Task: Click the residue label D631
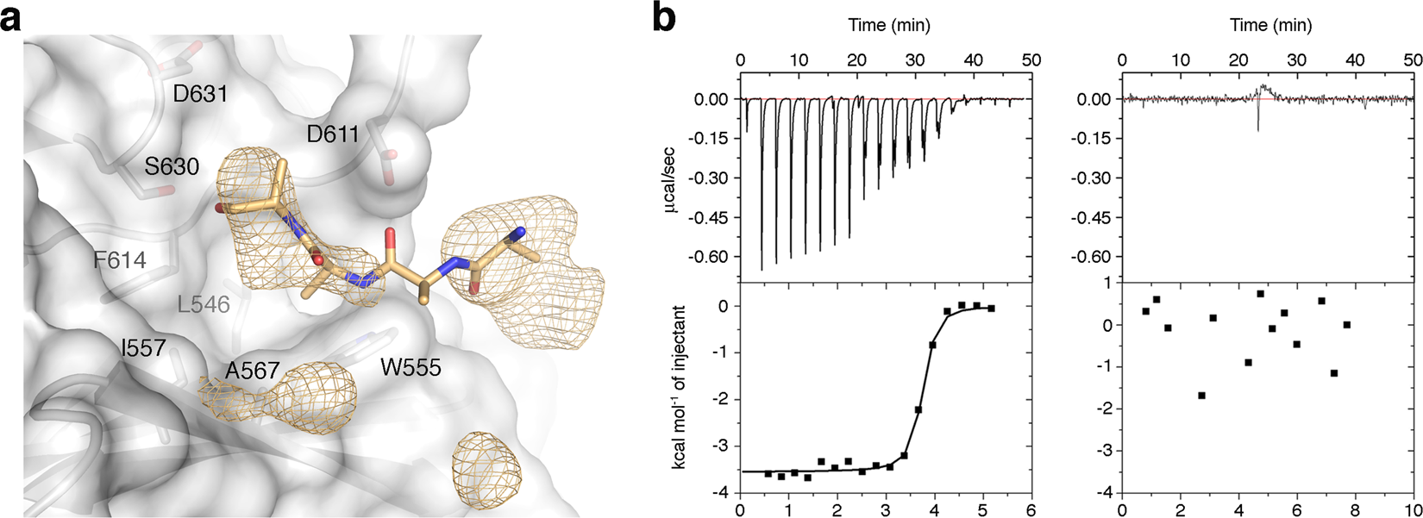[200, 93]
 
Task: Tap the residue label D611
[333, 134]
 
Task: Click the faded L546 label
[204, 304]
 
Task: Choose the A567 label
[252, 371]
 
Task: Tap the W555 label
[411, 368]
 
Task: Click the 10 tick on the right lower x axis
[1411, 509]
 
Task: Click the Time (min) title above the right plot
[1271, 26]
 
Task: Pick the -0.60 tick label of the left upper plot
[712, 256]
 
